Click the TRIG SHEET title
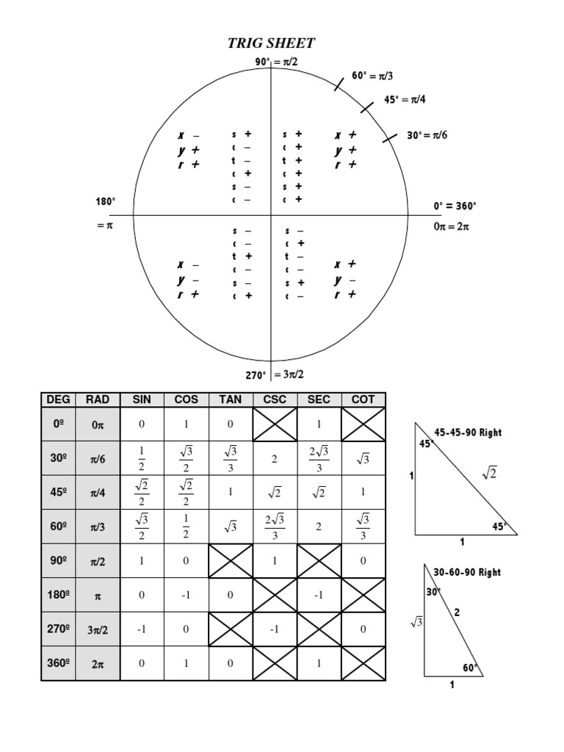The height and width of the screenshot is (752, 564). click(x=272, y=44)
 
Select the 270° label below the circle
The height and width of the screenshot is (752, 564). click(x=256, y=375)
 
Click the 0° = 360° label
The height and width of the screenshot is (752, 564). click(x=455, y=206)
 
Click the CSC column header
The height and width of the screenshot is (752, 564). click(x=275, y=399)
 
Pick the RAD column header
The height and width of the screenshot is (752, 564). click(x=97, y=399)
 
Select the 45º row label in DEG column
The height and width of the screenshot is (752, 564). click(x=58, y=493)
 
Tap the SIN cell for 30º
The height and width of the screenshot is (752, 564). click(x=142, y=459)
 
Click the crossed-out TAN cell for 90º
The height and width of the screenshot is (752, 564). click(x=231, y=561)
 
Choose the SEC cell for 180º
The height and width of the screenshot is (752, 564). click(x=319, y=596)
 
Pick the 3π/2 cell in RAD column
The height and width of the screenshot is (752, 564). click(x=97, y=629)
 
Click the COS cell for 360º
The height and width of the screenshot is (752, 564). click(x=186, y=664)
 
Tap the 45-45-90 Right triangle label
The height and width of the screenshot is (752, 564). click(x=468, y=433)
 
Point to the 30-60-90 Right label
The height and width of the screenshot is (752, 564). click(x=468, y=572)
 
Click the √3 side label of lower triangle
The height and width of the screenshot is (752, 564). click(x=416, y=623)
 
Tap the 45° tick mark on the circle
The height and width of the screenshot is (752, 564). click(x=366, y=107)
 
